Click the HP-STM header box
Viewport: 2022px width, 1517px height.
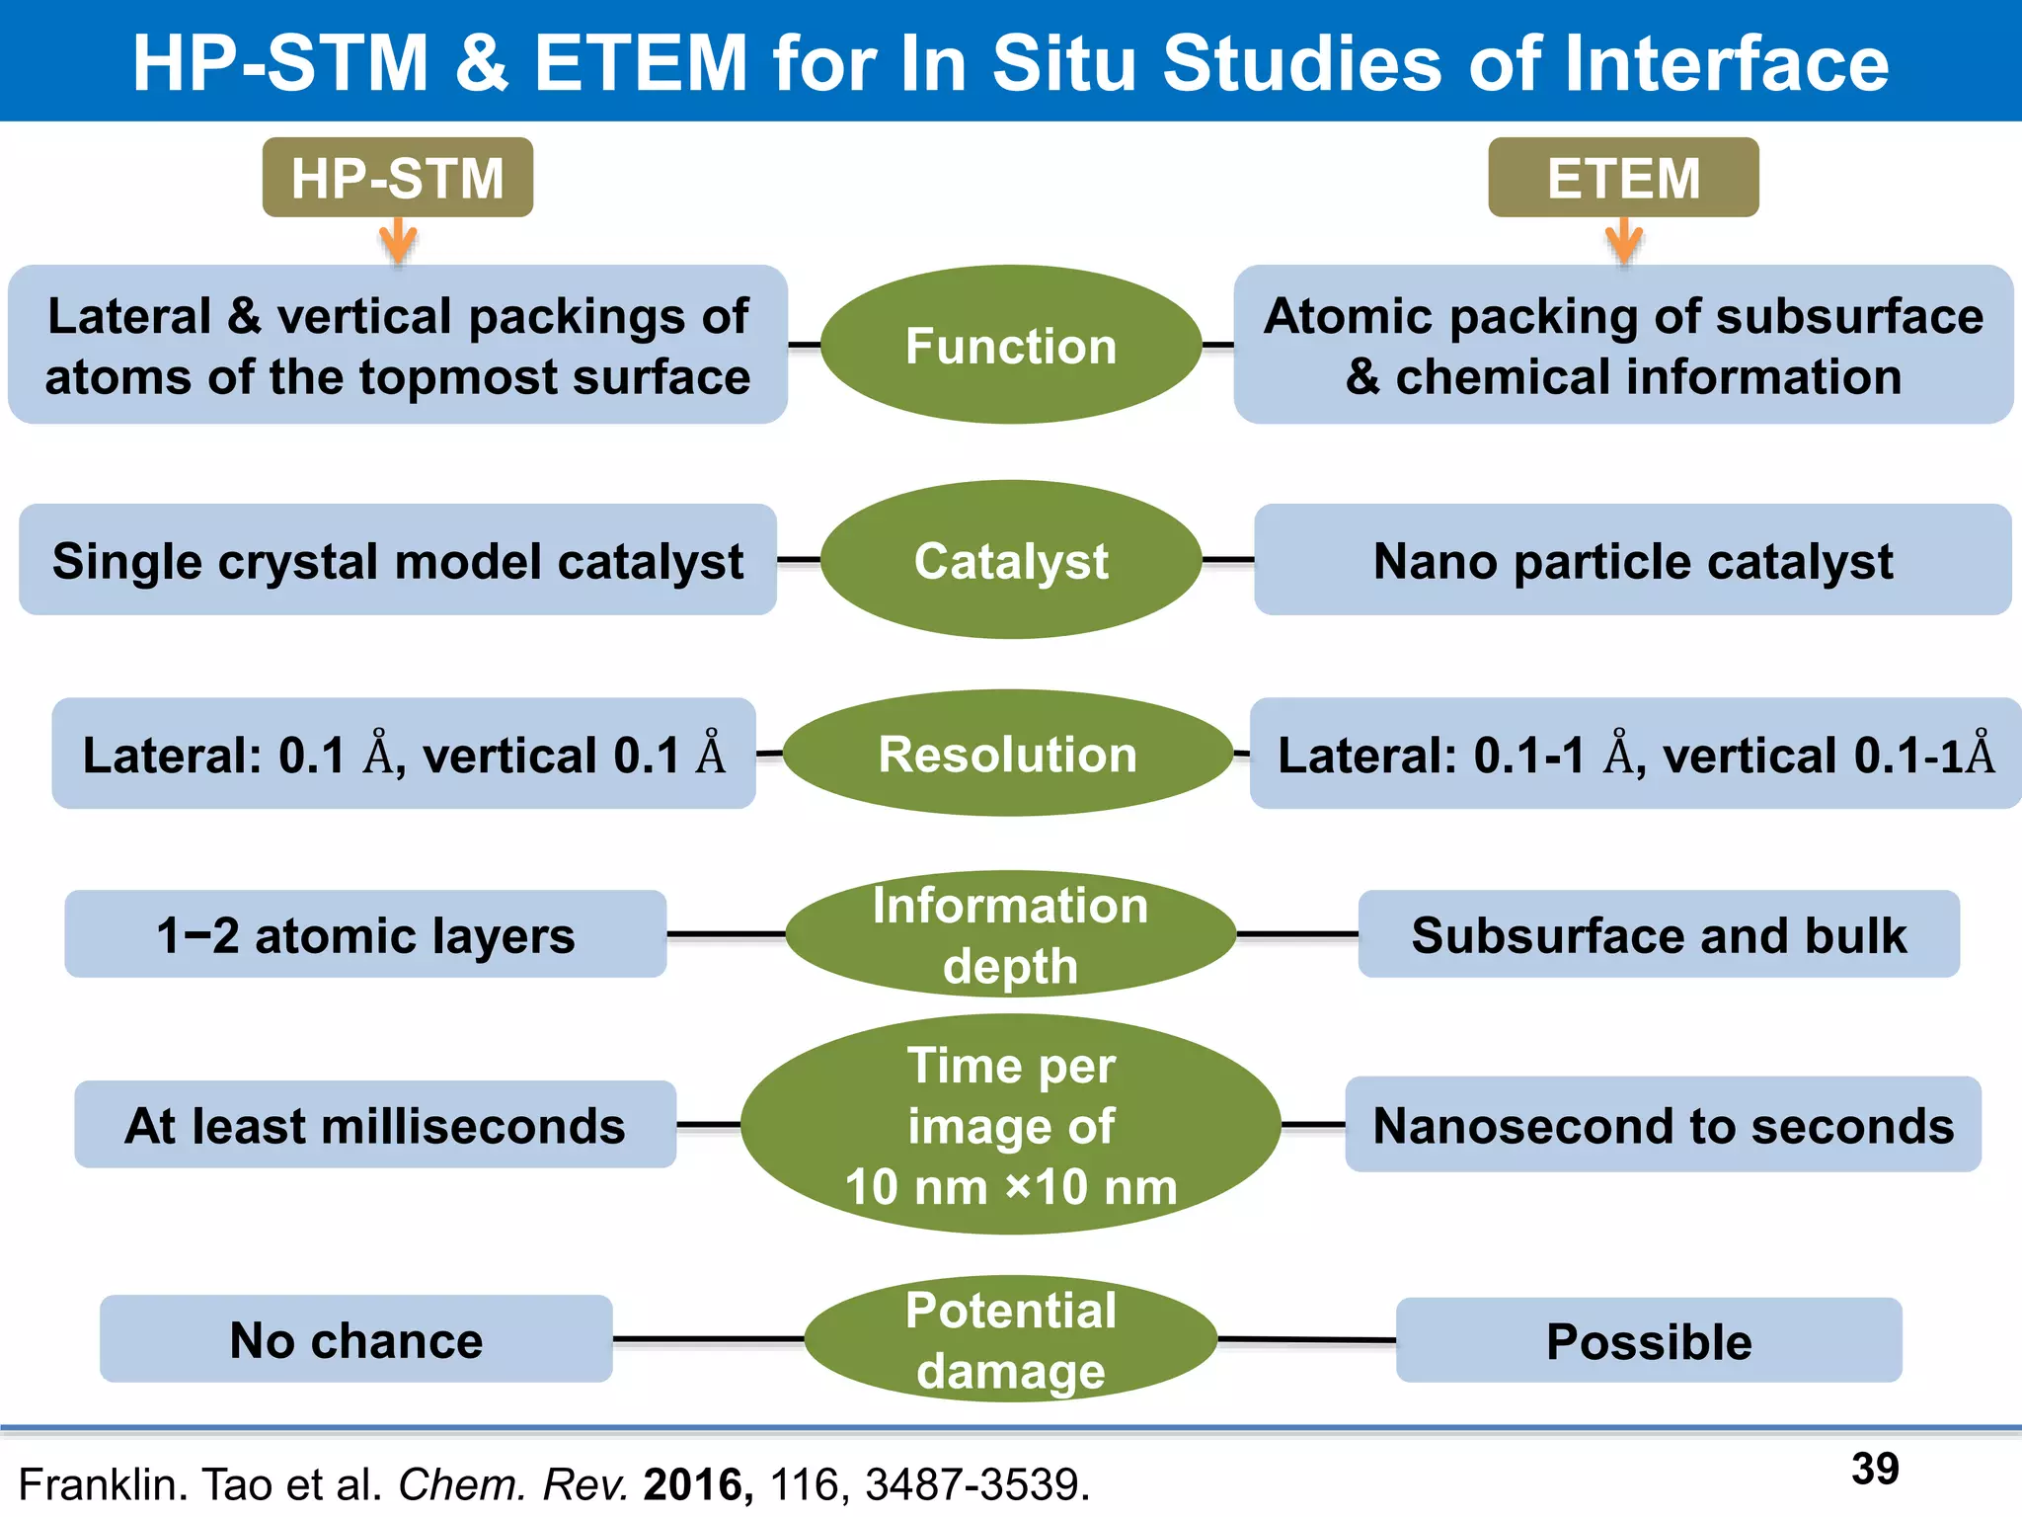[397, 178]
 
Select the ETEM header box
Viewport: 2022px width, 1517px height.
[1623, 178]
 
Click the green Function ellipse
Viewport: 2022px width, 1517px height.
[1011, 345]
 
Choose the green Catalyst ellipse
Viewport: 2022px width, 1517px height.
[1011, 560]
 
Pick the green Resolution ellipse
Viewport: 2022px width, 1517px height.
[1008, 754]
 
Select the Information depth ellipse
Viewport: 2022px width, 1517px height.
[1011, 934]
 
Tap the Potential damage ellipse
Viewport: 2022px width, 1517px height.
[1011, 1339]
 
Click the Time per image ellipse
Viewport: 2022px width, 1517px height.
[1011, 1125]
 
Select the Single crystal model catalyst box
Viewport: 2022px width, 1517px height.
[398, 560]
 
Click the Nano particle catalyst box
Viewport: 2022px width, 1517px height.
[1633, 560]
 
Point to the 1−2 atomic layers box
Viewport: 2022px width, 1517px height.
[365, 934]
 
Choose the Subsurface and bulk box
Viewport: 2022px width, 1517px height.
[1659, 934]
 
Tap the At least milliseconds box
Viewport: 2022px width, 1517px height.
[375, 1125]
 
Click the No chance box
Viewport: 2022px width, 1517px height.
[355, 1339]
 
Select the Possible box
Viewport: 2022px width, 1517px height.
[1649, 1340]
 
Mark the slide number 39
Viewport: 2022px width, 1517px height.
[1875, 1469]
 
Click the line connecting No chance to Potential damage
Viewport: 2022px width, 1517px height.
[708, 1339]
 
